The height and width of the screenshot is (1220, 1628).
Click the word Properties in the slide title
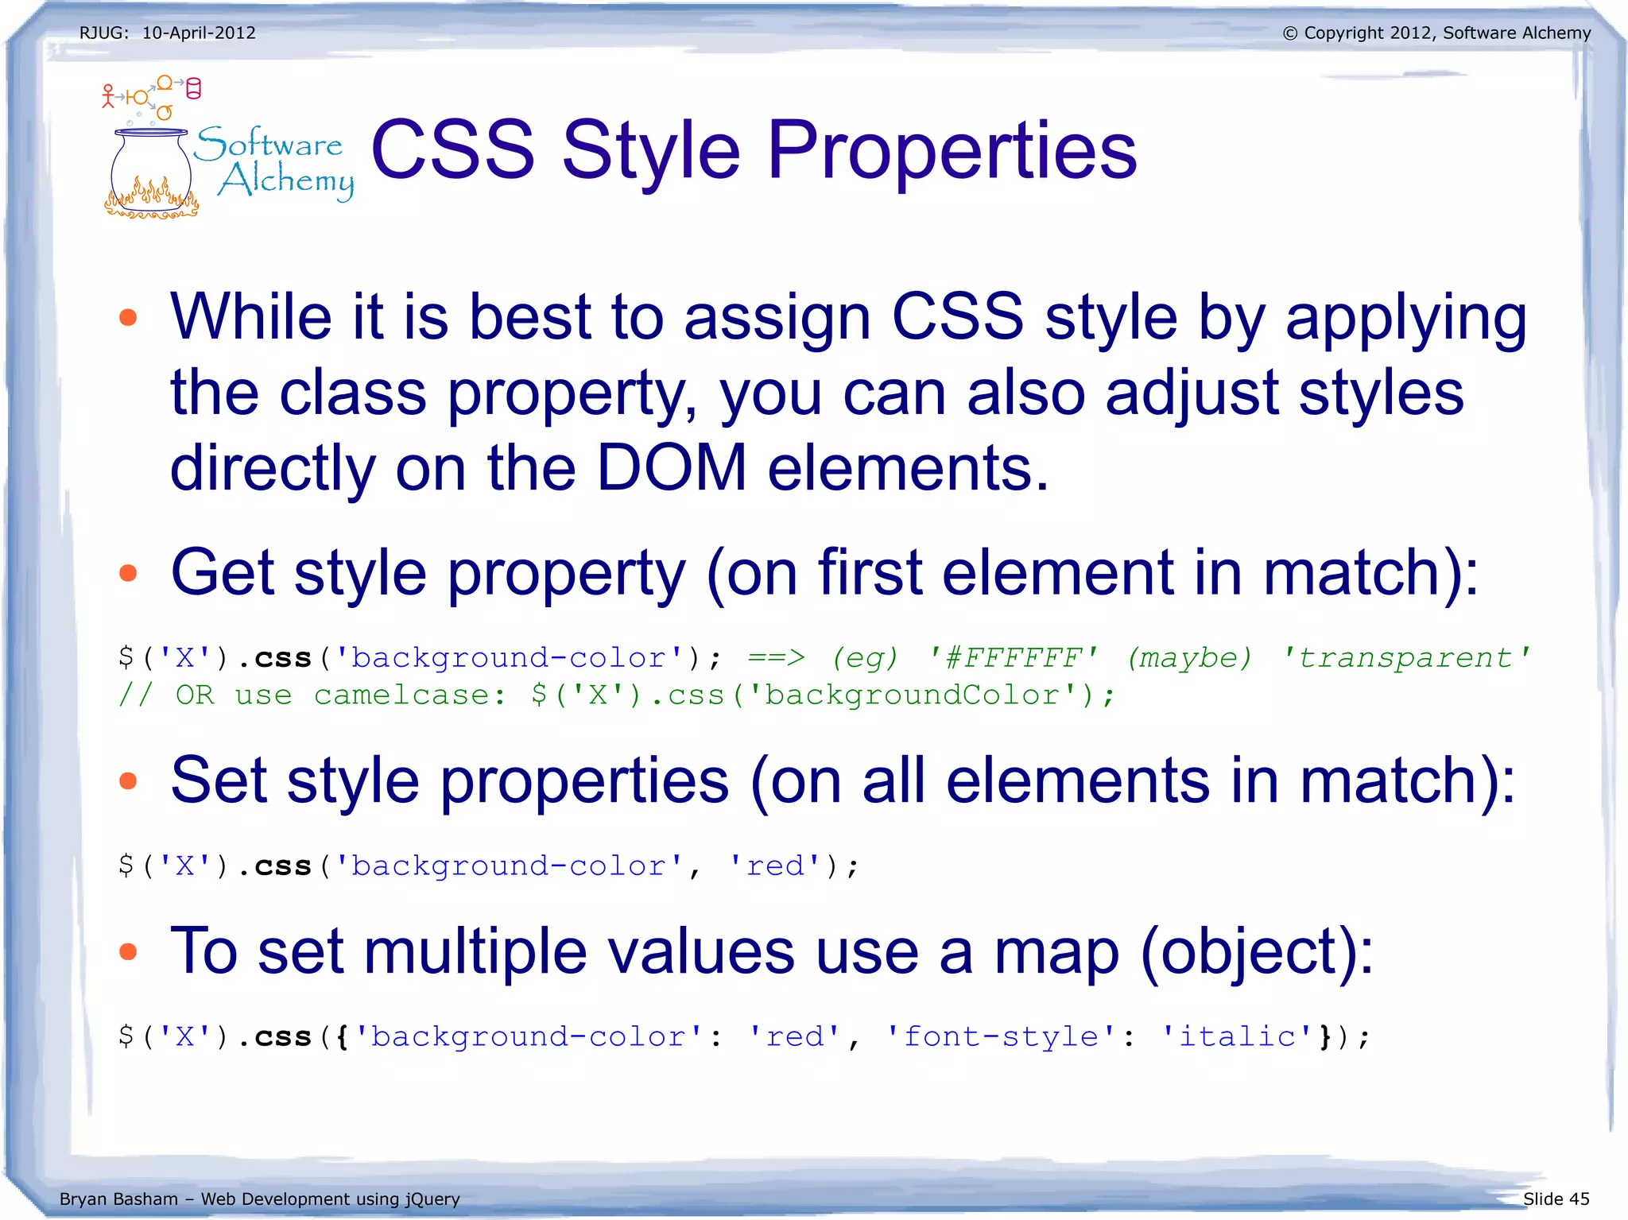tap(952, 151)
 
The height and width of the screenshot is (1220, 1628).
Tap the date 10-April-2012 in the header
tap(199, 33)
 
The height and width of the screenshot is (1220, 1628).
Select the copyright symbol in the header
tap(1290, 33)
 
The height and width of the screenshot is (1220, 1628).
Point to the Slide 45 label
tap(1556, 1199)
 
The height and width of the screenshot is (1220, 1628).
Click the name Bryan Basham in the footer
tap(118, 1199)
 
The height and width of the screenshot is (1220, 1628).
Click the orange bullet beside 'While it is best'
tap(128, 318)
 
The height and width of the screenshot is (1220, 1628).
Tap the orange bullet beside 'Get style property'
tap(128, 573)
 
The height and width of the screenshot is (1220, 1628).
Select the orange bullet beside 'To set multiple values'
tap(128, 951)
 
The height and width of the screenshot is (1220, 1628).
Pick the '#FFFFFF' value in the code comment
tap(1014, 658)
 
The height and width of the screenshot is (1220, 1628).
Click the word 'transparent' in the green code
tap(1405, 658)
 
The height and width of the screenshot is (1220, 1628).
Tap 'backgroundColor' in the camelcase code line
tap(912, 695)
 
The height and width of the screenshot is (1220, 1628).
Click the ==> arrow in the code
tap(777, 658)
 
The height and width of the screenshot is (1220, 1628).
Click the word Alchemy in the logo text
tap(286, 181)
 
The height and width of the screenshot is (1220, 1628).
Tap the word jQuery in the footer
tap(432, 1199)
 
